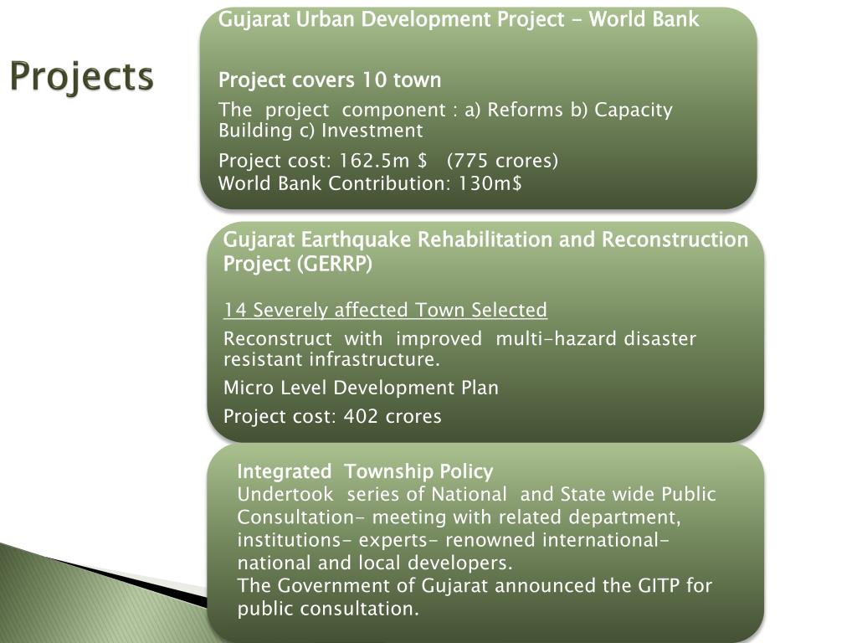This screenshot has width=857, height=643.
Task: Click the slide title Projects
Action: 82,77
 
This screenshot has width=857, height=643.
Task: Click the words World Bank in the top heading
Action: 644,19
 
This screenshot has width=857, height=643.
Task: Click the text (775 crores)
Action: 502,161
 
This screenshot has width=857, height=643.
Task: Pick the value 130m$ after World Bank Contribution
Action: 490,183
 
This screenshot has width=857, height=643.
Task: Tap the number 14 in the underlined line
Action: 235,311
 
